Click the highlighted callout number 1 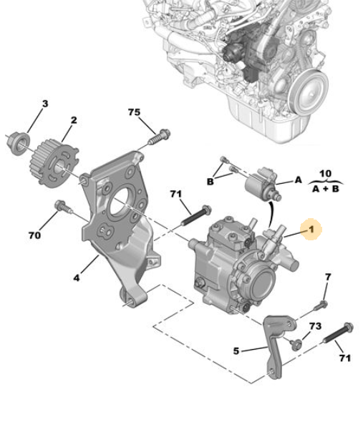[311, 230]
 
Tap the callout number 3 [45, 104]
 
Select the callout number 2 [74, 120]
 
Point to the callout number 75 [134, 112]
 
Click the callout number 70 [34, 235]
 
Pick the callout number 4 [77, 278]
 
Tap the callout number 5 [236, 351]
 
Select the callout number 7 [328, 277]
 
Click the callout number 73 [315, 326]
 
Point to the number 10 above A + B [325, 174]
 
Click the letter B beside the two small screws [210, 182]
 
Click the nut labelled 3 [18, 143]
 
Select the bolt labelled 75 [160, 137]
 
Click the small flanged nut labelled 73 [296, 344]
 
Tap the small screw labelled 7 [321, 306]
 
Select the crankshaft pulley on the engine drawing [309, 92]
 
